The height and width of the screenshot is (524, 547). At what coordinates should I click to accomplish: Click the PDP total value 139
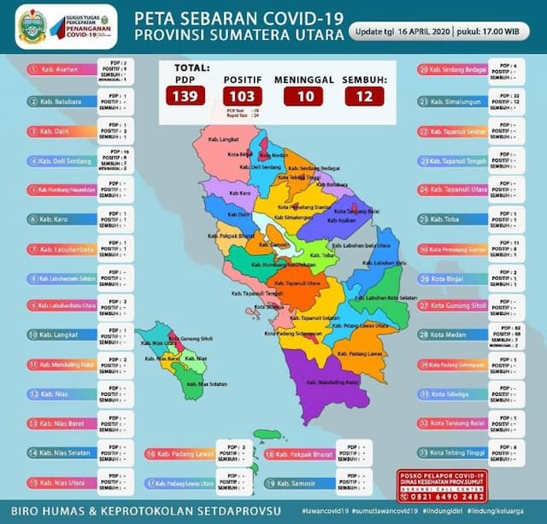coord(187,96)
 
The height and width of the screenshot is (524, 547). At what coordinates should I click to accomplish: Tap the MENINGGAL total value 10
coord(303,96)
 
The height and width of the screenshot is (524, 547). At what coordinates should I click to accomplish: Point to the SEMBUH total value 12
coord(365,96)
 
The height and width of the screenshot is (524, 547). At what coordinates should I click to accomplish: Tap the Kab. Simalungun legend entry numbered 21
coord(466,101)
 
